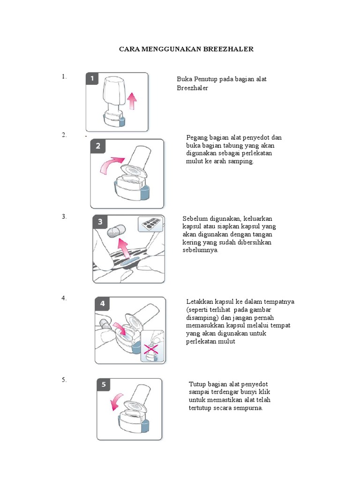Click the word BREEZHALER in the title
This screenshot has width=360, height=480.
click(x=229, y=49)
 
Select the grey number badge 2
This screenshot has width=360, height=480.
click(x=97, y=146)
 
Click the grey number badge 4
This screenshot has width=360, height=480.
click(x=102, y=304)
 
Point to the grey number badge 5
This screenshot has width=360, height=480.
click(x=104, y=385)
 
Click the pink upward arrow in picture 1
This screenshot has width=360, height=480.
click(x=132, y=100)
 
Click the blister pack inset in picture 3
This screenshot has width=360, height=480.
click(x=150, y=224)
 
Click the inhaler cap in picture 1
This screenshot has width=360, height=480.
click(x=114, y=92)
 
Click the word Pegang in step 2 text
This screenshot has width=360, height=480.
click(x=197, y=137)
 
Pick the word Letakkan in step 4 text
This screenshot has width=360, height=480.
click(x=200, y=301)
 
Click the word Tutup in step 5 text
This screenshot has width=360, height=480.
click(x=197, y=384)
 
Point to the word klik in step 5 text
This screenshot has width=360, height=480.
click(x=264, y=392)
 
